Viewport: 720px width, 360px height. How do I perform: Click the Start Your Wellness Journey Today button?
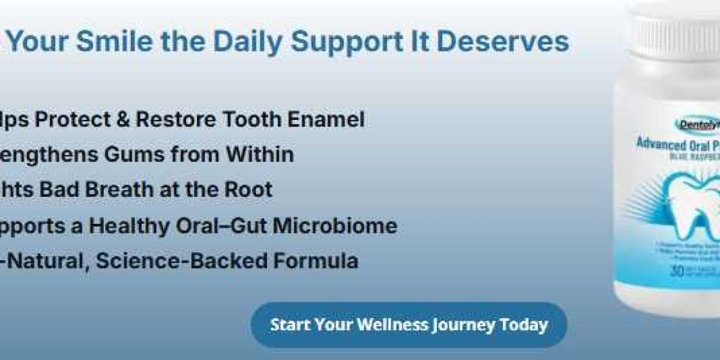[409, 325]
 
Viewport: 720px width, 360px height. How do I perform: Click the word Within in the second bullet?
[260, 154]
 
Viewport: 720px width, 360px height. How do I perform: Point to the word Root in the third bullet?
[250, 190]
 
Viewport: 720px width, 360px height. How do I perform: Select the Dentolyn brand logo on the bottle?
[696, 125]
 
